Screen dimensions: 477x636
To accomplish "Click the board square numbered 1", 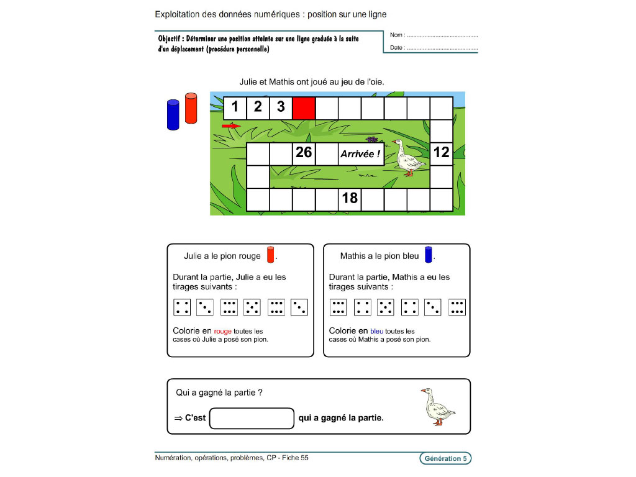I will (x=235, y=107).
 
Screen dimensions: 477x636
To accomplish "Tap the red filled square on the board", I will (x=304, y=107).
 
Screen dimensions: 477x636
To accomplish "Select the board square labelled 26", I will (x=304, y=153).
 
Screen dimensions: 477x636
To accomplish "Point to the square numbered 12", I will (x=442, y=153).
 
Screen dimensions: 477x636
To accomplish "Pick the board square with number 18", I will (x=350, y=199).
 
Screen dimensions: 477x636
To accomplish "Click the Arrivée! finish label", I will (x=360, y=154).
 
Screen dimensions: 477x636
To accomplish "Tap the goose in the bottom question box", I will (x=437, y=407).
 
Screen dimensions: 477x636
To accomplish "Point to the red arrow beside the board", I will (x=230, y=126).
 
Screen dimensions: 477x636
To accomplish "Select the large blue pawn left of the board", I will (x=173, y=115).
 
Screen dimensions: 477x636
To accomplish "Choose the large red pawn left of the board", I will (x=191, y=109).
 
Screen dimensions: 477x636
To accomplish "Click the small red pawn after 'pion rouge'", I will (x=270, y=255).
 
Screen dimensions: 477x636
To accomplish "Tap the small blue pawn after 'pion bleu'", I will (x=429, y=255).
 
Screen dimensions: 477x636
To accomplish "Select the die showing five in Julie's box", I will (x=252, y=307).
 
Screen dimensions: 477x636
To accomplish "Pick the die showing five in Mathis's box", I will (x=386, y=307).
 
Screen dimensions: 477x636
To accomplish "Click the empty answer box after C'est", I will (x=252, y=418).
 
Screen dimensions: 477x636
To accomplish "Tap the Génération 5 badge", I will (x=445, y=458).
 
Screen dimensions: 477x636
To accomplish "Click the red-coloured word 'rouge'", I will (x=222, y=332).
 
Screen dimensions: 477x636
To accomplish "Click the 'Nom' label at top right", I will (x=397, y=35).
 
